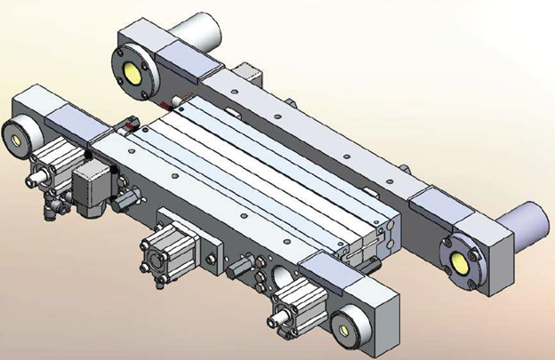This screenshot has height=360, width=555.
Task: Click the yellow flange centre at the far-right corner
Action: [461, 261]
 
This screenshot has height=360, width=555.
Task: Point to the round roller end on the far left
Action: [18, 136]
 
